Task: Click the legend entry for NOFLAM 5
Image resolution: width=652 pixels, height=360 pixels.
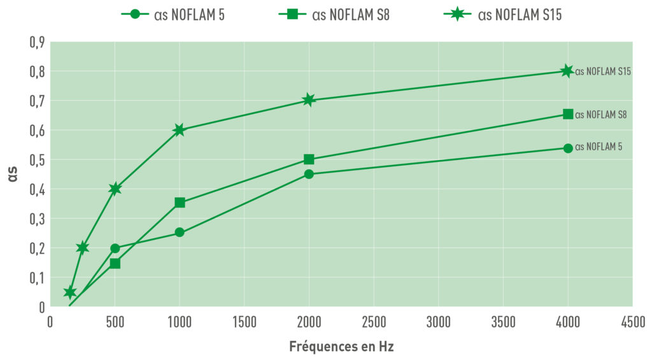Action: pyautogui.click(x=173, y=15)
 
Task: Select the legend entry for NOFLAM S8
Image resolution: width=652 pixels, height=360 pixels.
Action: pyautogui.click(x=334, y=15)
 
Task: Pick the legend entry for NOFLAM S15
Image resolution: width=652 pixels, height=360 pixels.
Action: pyautogui.click(x=502, y=15)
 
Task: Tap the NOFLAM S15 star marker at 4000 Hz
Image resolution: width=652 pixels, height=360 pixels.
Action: pyautogui.click(x=567, y=71)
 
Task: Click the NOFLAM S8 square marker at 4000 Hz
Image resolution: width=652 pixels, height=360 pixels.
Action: pyautogui.click(x=568, y=114)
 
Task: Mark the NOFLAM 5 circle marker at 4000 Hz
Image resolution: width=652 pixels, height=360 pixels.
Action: pyautogui.click(x=568, y=148)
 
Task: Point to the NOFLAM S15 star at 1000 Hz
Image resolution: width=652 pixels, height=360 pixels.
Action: pyautogui.click(x=179, y=130)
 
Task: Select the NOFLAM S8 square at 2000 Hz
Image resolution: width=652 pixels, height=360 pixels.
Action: pyautogui.click(x=309, y=159)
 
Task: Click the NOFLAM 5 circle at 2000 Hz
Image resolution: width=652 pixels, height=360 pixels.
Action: pyautogui.click(x=309, y=174)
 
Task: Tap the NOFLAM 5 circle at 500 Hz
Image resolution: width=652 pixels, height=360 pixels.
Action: pyautogui.click(x=115, y=248)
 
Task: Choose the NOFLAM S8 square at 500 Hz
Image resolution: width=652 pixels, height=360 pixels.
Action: pyautogui.click(x=115, y=263)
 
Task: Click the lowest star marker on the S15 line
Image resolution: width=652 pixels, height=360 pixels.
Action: pyautogui.click(x=70, y=292)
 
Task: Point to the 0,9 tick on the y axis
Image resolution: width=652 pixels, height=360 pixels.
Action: pyautogui.click(x=37, y=42)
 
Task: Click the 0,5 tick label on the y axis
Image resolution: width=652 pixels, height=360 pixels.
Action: pyautogui.click(x=37, y=160)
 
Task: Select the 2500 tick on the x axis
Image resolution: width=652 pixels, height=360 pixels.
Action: pyautogui.click(x=374, y=323)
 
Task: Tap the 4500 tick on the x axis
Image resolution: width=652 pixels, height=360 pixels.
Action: pyautogui.click(x=632, y=323)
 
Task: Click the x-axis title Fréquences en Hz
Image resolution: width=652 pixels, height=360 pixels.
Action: pyautogui.click(x=341, y=347)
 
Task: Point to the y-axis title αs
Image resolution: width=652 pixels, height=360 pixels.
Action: pyautogui.click(x=13, y=175)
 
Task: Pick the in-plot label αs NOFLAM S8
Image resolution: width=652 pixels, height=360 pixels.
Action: pyautogui.click(x=601, y=115)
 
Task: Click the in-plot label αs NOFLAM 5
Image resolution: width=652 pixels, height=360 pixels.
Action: pyautogui.click(x=599, y=147)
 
